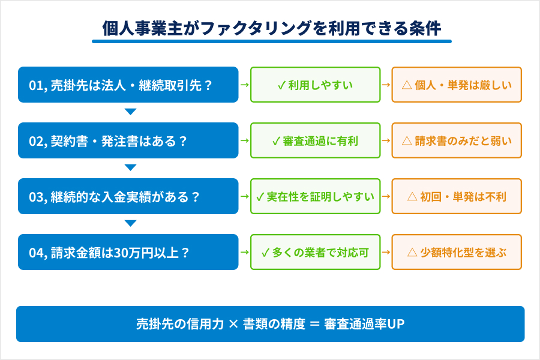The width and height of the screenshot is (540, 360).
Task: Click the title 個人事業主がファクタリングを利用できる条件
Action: tap(271, 28)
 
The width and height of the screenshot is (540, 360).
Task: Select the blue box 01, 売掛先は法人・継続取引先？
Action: tap(128, 85)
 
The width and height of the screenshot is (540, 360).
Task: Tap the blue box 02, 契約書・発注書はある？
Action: tap(128, 140)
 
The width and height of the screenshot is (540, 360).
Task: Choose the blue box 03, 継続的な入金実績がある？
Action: tap(128, 196)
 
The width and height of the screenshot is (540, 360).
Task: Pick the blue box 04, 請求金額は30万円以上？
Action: tap(128, 252)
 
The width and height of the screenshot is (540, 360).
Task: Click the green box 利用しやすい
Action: tap(315, 85)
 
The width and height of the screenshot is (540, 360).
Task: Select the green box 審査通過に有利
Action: tap(315, 140)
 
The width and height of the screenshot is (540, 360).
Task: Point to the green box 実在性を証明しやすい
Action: tap(315, 196)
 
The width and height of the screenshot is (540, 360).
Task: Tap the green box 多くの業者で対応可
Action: tap(315, 252)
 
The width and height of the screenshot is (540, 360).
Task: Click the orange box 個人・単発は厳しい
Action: tap(457, 85)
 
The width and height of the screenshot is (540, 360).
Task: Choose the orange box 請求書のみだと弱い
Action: tap(457, 140)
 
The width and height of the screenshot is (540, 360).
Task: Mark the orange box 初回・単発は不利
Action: tap(457, 196)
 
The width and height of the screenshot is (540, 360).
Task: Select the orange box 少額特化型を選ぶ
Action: tap(457, 252)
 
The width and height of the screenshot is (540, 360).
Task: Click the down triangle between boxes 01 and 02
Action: tap(130, 112)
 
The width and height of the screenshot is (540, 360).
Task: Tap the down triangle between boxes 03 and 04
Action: tap(130, 224)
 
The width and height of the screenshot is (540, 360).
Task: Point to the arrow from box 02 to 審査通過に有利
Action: tap(244, 140)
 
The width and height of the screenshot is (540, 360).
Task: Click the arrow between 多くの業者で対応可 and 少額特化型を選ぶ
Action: tap(386, 252)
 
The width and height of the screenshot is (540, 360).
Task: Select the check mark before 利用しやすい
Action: tap(281, 85)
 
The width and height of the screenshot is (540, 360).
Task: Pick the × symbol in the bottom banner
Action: tap(233, 324)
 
